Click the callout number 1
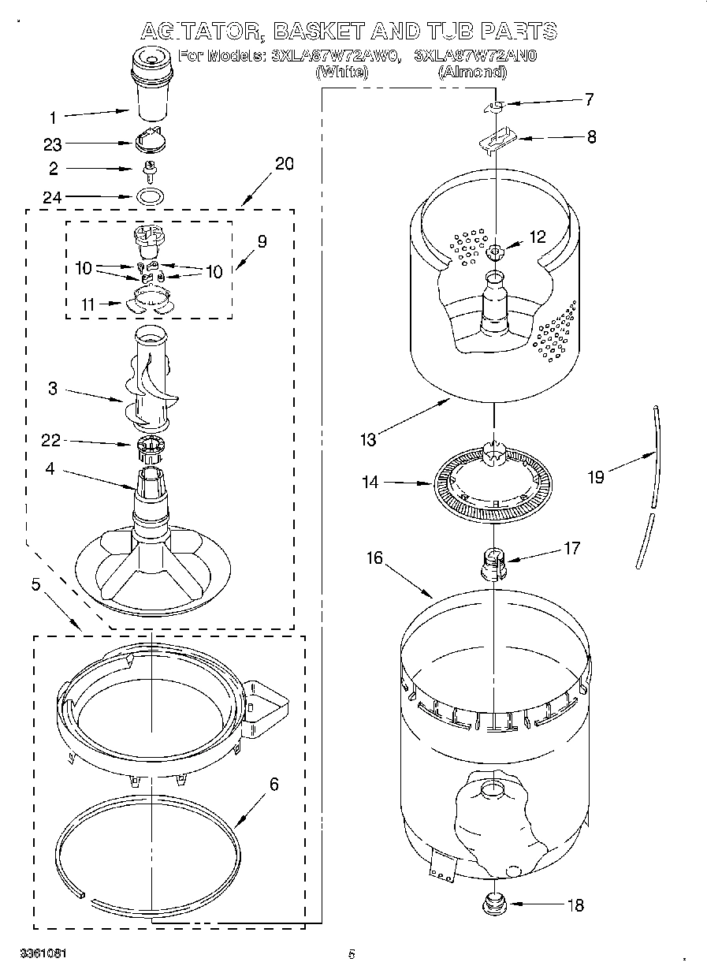pyautogui.click(x=53, y=118)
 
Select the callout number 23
pyautogui.click(x=53, y=144)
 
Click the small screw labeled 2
pyautogui.click(x=147, y=168)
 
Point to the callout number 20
pyautogui.click(x=284, y=164)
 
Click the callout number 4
pyautogui.click(x=50, y=468)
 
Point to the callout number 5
pyautogui.click(x=35, y=584)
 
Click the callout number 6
pyautogui.click(x=273, y=784)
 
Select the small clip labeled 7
pyautogui.click(x=493, y=106)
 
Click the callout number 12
pyautogui.click(x=537, y=236)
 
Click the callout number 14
pyautogui.click(x=370, y=482)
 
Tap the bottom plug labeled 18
pyautogui.click(x=494, y=901)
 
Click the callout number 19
pyautogui.click(x=596, y=477)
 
